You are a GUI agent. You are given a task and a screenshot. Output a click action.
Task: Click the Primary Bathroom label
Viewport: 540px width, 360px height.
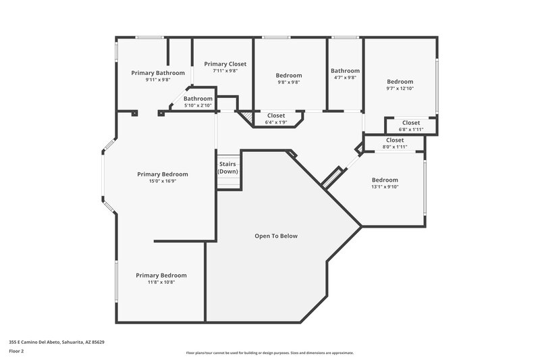pos(158,72)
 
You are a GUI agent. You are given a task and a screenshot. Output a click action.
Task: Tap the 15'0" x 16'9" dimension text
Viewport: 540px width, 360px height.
pos(162,181)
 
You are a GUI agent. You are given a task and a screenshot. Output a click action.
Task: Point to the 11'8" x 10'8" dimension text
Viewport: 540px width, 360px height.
pos(161,282)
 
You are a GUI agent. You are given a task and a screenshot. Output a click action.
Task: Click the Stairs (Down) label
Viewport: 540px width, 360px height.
pos(227,168)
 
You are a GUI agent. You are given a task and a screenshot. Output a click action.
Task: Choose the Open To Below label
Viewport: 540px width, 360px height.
pos(275,236)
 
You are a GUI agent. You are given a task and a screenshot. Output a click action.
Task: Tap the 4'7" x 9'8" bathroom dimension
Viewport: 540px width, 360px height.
pos(345,78)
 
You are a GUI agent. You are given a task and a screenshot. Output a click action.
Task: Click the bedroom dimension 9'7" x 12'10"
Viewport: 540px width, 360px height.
pos(400,88)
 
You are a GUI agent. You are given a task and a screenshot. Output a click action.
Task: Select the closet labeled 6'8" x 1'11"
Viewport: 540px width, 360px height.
pos(410,130)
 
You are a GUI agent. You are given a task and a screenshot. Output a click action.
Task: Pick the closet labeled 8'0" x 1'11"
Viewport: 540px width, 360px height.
pos(395,147)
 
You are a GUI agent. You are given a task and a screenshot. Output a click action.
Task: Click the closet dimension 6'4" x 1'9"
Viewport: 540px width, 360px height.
pos(275,122)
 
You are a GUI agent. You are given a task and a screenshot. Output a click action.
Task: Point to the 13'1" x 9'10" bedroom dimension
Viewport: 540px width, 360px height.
pos(385,187)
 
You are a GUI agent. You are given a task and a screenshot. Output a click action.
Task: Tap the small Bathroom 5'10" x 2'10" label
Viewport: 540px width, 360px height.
pos(198,105)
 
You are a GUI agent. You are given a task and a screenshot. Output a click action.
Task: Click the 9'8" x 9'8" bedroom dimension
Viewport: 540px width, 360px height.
pos(289,82)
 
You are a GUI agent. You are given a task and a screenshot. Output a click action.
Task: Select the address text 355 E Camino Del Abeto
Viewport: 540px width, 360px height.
pos(56,342)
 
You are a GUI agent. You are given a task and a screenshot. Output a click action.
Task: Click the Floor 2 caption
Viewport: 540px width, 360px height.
pos(17,351)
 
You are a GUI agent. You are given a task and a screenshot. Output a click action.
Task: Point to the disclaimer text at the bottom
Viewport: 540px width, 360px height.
pos(269,353)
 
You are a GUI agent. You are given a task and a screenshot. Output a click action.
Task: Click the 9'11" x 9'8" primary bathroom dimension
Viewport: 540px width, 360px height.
pos(158,79)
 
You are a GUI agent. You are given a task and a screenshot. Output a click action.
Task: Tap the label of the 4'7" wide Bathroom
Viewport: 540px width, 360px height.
pos(345,70)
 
